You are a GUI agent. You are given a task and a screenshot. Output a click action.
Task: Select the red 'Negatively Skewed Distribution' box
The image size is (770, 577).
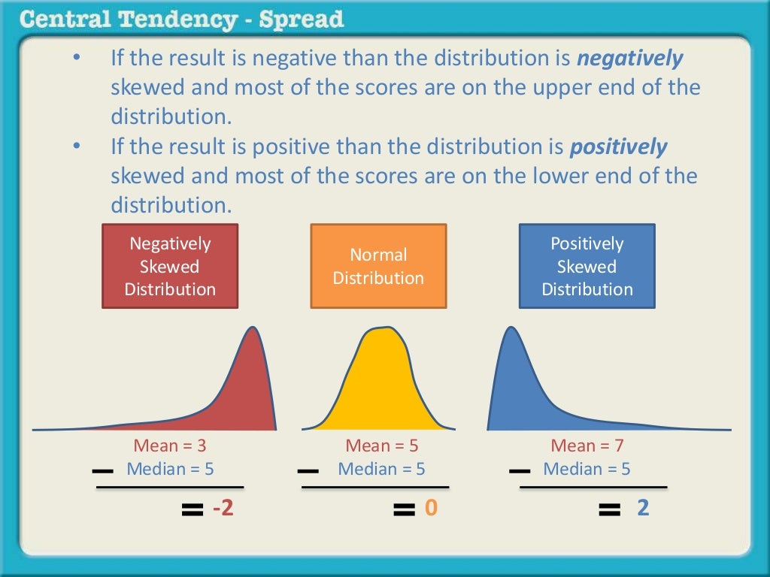pos(170,266)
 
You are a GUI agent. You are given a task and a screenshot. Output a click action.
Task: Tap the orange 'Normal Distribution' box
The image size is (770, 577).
pos(378,266)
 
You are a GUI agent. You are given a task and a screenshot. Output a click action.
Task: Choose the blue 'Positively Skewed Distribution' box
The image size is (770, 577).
pos(587,266)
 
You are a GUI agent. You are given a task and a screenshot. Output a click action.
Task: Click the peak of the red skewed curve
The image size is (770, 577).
pos(256,331)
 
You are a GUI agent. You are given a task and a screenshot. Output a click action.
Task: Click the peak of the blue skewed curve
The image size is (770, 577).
pos(512,331)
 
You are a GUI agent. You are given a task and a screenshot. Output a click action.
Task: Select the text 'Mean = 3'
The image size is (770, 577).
pos(170,446)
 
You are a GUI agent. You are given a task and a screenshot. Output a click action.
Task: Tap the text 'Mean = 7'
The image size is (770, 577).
pos(587,446)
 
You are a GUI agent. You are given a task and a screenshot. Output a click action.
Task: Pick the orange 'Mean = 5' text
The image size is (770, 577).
pos(381,446)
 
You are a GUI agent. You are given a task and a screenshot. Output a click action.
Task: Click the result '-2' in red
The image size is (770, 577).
pos(223,509)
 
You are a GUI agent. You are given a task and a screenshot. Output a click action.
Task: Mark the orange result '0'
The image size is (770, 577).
pos(431,509)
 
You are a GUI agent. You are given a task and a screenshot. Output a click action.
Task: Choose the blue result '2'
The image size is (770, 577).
pos(643,509)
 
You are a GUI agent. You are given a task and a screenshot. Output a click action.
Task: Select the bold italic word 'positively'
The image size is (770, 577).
pos(618,147)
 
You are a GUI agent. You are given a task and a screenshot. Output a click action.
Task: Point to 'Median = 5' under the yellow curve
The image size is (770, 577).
pos(381,470)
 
